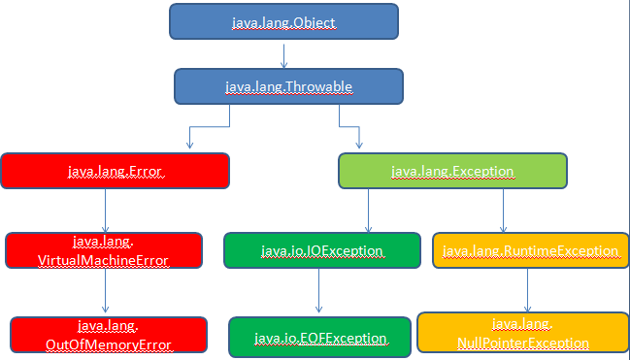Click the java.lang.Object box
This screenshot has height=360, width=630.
point(283,21)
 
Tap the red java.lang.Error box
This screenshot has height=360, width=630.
point(115,171)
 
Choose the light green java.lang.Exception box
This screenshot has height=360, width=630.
point(451,171)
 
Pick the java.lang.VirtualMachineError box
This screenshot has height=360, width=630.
point(104,249)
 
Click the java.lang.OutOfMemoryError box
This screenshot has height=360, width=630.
point(110,334)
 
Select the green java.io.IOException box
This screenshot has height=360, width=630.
point(321,250)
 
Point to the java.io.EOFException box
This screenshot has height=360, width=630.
point(320,337)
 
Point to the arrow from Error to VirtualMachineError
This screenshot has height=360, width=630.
point(104,209)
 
